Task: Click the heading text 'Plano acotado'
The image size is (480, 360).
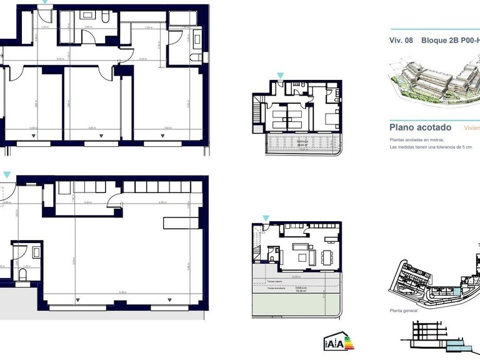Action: click(420, 127)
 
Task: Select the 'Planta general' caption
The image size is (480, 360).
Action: click(404, 310)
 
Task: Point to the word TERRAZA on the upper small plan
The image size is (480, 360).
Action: click(302, 142)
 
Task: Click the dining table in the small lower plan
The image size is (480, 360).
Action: click(327, 256)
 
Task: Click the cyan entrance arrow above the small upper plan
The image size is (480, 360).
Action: click(280, 76)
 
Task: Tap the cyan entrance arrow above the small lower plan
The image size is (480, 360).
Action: click(266, 218)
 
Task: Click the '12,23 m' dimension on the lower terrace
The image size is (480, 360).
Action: click(297, 276)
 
